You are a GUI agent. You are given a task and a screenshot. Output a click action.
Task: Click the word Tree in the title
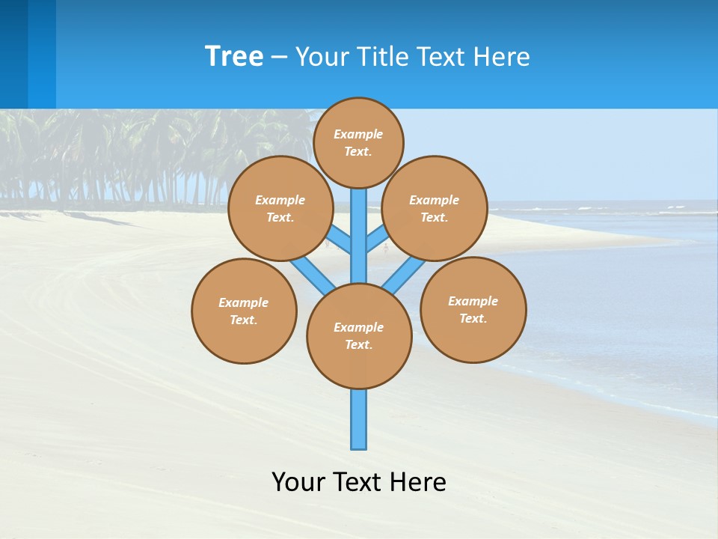[x=234, y=56]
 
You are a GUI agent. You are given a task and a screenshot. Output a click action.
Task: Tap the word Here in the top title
[x=501, y=57]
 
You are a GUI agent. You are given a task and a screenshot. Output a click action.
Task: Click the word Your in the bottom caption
[x=299, y=482]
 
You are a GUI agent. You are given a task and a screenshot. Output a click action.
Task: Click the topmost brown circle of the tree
[x=358, y=142]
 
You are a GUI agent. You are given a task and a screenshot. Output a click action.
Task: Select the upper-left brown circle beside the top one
[x=280, y=208]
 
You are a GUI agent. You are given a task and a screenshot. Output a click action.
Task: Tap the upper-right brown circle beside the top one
[x=435, y=208]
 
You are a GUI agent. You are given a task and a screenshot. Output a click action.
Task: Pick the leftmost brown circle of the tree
[x=244, y=311]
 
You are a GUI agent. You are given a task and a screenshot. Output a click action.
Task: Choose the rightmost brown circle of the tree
[x=473, y=309]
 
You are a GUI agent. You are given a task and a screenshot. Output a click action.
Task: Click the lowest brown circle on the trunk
[x=359, y=336]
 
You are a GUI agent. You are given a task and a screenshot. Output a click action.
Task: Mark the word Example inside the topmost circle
[x=358, y=134]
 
